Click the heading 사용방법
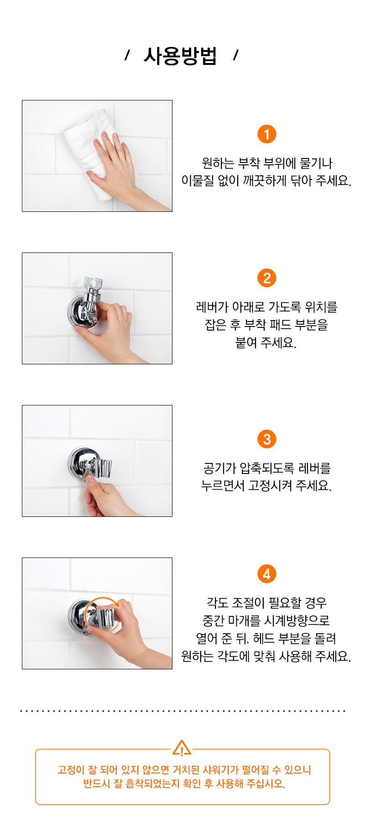click(180, 56)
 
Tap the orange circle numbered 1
click(267, 134)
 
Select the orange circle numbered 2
click(267, 278)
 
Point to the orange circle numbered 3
click(267, 439)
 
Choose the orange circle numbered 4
click(267, 574)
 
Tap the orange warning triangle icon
click(182, 748)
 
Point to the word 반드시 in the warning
click(97, 784)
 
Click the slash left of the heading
click(127, 56)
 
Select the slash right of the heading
click(235, 56)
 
